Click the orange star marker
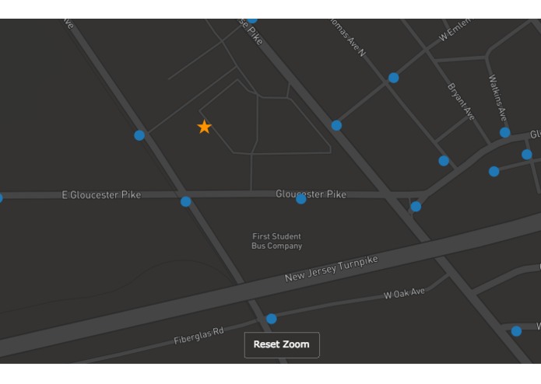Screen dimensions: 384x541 [204, 127]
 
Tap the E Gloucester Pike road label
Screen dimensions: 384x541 [101, 195]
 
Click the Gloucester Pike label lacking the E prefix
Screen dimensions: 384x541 [311, 194]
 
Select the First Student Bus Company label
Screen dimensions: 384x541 [276, 241]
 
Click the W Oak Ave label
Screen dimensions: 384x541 [404, 294]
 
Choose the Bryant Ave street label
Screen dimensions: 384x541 [461, 101]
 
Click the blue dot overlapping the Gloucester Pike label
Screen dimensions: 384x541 [301, 199]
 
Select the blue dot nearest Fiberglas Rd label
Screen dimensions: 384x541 [271, 319]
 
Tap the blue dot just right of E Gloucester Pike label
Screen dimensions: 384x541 [185, 201]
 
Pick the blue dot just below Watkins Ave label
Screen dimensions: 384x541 [505, 133]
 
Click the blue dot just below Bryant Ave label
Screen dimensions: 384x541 [444, 161]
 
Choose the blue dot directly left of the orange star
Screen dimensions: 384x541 [139, 135]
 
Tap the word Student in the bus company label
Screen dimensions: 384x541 [286, 236]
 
